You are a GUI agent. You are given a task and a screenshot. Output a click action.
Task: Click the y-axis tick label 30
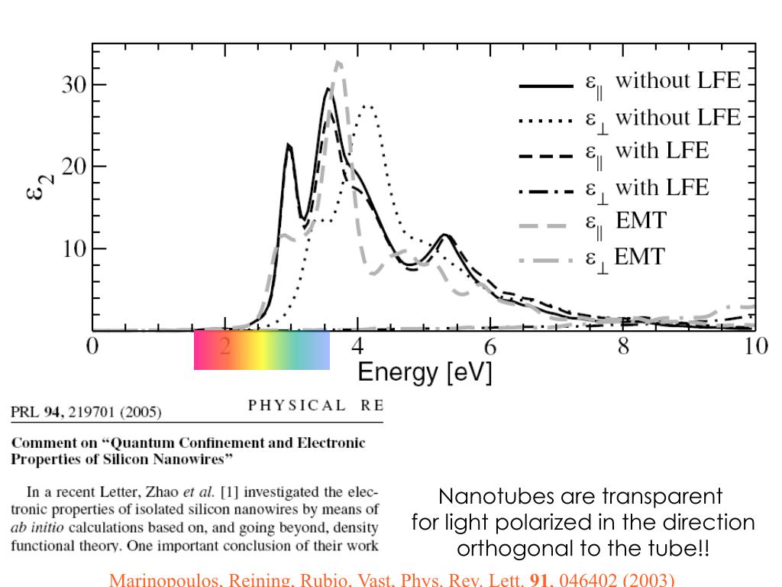click(x=74, y=85)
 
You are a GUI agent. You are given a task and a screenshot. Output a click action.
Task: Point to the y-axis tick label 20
click(x=74, y=167)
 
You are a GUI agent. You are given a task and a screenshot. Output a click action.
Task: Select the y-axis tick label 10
click(x=74, y=249)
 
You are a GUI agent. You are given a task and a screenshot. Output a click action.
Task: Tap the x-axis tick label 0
click(x=92, y=346)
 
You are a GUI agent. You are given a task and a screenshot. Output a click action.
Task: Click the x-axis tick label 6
click(x=490, y=346)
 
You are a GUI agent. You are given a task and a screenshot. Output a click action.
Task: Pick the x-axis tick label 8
click(x=623, y=346)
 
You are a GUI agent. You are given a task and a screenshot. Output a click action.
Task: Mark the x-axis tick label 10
click(x=755, y=346)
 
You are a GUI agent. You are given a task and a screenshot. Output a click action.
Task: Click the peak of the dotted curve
click(x=368, y=106)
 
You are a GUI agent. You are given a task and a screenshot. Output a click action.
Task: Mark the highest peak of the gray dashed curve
click(x=338, y=62)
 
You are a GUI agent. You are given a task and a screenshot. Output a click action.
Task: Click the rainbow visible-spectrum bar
click(x=262, y=350)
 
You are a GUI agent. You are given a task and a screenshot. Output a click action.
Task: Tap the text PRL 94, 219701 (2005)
click(x=86, y=413)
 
